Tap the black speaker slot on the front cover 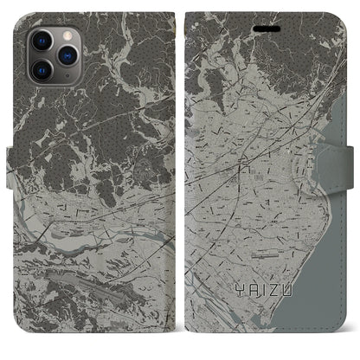[266, 26]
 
